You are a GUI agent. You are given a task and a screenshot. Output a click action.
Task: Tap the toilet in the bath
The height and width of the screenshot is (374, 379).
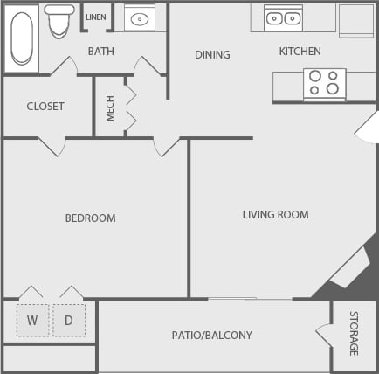point(59,21)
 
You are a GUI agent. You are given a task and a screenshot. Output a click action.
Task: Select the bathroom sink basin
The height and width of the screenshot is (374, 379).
point(140,18)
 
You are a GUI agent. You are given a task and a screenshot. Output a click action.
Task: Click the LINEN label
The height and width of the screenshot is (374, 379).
point(95,17)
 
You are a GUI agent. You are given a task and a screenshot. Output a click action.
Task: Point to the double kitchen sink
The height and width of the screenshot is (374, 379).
point(283,17)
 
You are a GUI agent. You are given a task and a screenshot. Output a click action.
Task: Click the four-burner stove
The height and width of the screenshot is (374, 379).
point(324,83)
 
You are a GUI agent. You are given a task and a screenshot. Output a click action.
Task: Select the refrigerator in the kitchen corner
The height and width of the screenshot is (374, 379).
point(355,20)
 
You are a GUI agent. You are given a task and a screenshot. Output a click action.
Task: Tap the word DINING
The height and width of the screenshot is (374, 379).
point(212,54)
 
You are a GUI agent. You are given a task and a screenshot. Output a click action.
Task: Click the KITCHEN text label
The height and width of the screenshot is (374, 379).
point(300,52)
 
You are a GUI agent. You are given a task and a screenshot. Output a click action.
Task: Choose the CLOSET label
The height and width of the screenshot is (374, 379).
point(45,107)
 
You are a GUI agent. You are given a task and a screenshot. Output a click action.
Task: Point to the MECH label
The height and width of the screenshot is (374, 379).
point(110,107)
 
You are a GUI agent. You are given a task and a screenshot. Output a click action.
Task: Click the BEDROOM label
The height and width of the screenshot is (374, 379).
point(90,218)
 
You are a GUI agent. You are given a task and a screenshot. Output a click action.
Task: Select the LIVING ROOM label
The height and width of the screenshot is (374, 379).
point(275,214)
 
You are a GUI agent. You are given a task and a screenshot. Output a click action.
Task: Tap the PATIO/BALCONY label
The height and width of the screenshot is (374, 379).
point(211,335)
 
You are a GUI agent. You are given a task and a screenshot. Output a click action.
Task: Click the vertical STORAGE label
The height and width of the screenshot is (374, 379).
point(354,333)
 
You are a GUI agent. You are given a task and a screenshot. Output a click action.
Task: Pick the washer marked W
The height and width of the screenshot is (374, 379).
point(32,321)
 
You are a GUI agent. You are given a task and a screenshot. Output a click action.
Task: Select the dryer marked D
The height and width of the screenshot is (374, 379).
point(69,321)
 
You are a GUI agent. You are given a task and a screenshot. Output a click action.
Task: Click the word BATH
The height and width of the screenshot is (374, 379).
point(100,52)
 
